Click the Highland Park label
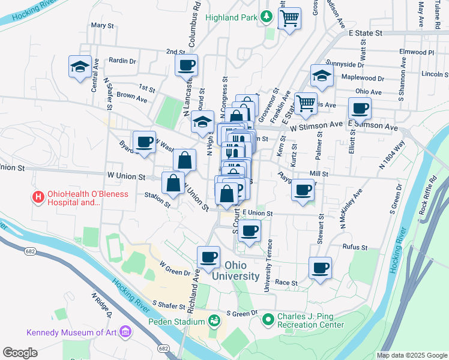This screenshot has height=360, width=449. coord(231,17)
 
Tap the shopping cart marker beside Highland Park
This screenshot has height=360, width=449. coord(290,19)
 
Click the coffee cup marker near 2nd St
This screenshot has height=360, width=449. coord(186,65)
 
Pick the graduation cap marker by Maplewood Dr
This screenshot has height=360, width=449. coord(322,76)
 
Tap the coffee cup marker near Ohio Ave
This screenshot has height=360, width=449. coord(360,109)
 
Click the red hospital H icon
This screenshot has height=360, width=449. coord(38,196)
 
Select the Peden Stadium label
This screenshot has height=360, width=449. coord(177,322)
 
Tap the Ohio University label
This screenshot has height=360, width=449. coord(242,271)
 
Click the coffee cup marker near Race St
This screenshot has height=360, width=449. coord(321,268)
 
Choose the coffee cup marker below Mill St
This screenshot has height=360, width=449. coord(303,190)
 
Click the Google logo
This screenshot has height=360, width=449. coord(20,352)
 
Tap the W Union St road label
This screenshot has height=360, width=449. coord(127,177)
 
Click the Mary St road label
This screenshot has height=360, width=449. coord(102,25)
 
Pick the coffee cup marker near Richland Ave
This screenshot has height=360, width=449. coord(208,257)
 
